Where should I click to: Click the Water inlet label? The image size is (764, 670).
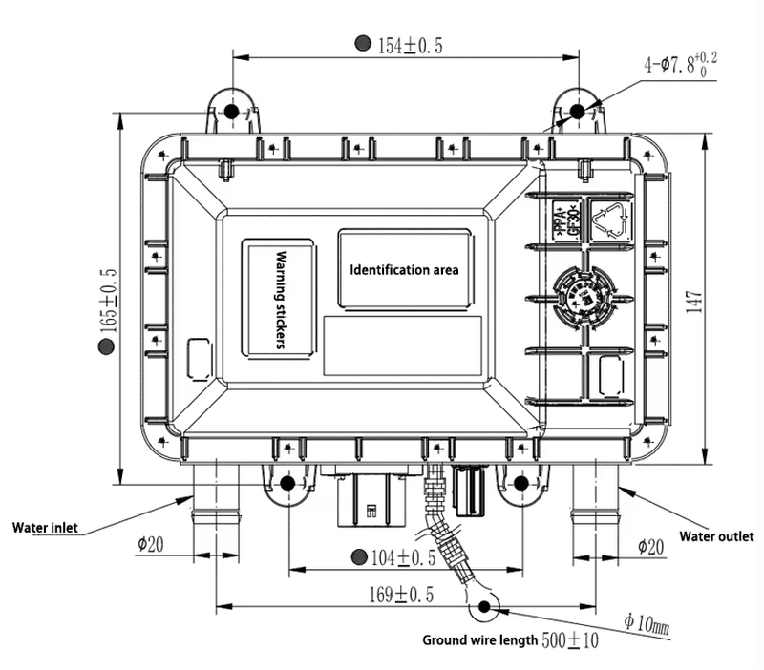(45, 527)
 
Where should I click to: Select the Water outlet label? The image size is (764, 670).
(716, 535)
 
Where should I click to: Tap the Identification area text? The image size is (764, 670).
(405, 270)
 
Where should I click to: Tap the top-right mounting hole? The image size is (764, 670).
(576, 112)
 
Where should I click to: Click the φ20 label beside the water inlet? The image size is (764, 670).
(151, 544)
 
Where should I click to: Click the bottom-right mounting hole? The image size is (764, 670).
(521, 483)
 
